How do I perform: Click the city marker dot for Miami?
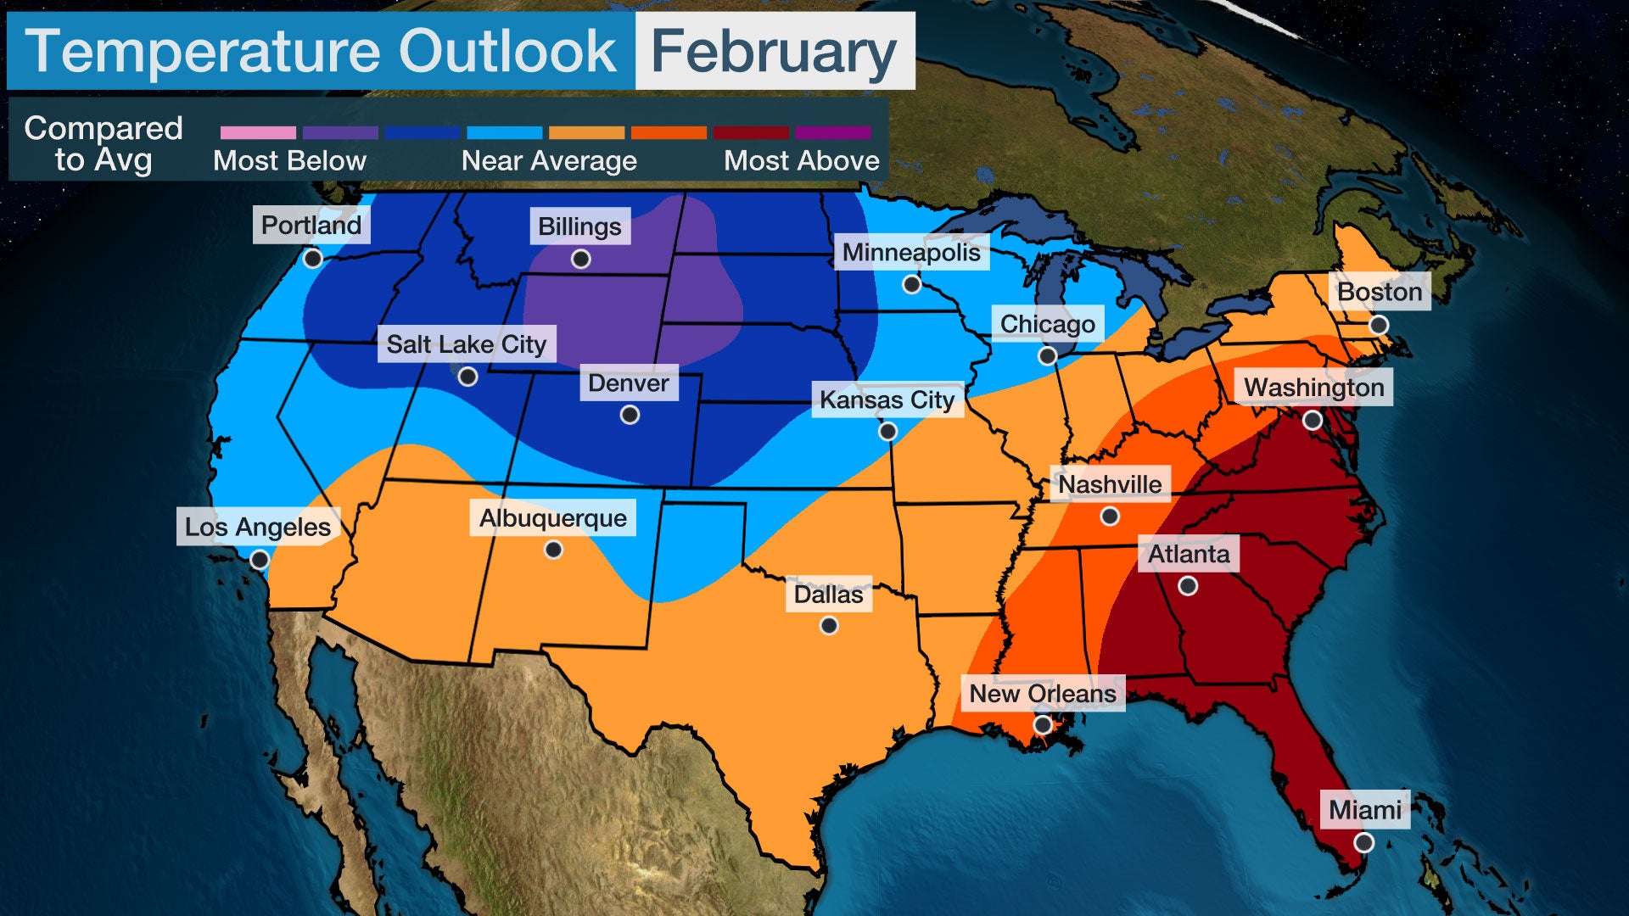1363,842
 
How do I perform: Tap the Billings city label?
580,226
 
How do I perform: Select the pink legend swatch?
258,132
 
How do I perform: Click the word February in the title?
774,51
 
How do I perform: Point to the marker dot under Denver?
630,415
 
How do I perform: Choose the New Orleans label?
1042,693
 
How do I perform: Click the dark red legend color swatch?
751,132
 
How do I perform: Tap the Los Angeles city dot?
260,559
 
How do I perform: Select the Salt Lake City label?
467,343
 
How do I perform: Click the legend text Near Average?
549,160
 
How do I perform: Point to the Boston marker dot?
1379,325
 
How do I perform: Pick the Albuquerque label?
553,517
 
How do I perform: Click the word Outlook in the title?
507,51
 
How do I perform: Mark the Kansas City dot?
887,432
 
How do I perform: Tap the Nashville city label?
1110,484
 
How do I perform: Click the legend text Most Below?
289,160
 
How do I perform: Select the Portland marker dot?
312,258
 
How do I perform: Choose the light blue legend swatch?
505,132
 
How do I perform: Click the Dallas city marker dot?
829,626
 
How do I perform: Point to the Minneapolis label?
911,252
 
